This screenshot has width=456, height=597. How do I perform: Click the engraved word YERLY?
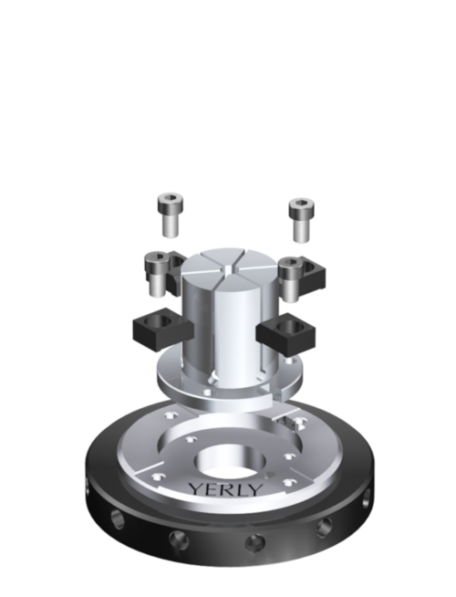click(226, 489)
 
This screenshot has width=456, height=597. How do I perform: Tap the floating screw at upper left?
click(170, 215)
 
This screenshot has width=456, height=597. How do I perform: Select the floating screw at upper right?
click(302, 220)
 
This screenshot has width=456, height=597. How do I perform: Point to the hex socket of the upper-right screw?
click(302, 203)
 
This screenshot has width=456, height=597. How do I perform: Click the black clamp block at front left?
click(162, 329)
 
